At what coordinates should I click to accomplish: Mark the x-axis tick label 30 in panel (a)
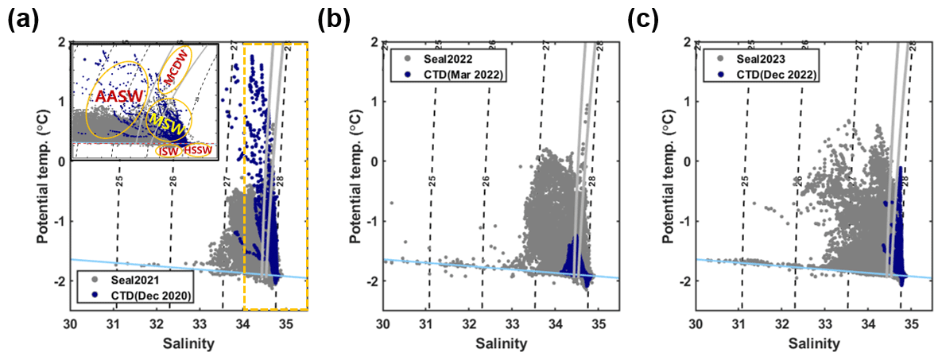(x=71, y=324)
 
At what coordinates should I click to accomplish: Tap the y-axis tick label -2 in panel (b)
(x=373, y=281)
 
